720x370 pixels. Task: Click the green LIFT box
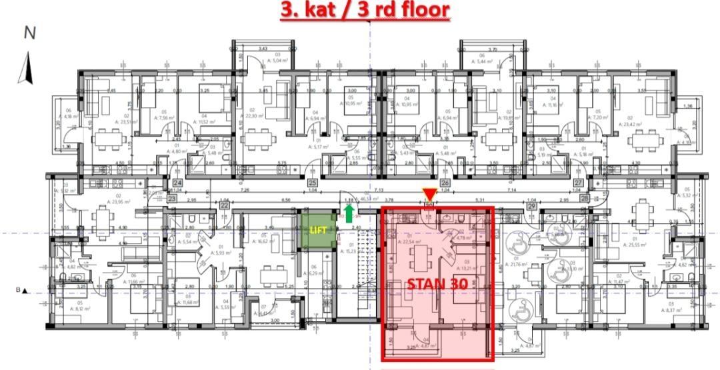[x=317, y=229]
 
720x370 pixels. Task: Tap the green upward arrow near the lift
[x=348, y=213]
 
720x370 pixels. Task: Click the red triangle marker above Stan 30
[x=429, y=195]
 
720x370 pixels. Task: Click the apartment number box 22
[x=224, y=206]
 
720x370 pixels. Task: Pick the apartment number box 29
[x=532, y=206]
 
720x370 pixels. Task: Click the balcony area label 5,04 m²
[x=260, y=60]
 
